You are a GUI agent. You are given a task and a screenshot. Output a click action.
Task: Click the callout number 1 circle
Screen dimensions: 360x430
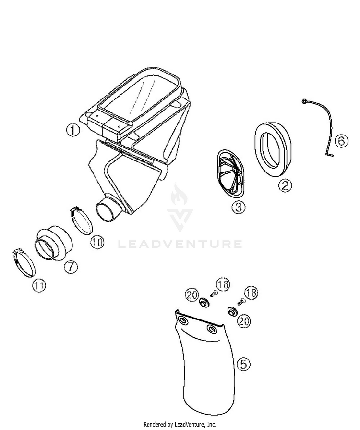[x=73, y=130]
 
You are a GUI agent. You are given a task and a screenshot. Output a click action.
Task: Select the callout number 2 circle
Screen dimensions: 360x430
[x=285, y=185]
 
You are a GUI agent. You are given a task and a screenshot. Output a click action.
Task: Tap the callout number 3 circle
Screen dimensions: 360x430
[x=239, y=207]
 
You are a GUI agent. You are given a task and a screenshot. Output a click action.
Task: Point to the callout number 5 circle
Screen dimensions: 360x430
[x=243, y=365]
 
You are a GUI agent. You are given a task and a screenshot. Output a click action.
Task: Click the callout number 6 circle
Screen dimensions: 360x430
[x=341, y=141]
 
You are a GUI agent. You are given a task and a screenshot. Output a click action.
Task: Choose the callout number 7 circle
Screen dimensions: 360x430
[x=71, y=266]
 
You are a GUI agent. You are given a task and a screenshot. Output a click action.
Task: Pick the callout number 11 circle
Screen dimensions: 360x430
[x=39, y=285]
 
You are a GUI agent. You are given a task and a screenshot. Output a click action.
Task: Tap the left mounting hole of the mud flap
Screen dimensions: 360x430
[x=181, y=319]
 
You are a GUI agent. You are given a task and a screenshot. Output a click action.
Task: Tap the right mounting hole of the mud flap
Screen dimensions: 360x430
[x=212, y=329]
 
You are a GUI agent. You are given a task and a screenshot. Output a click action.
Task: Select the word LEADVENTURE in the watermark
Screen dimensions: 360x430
[x=180, y=244]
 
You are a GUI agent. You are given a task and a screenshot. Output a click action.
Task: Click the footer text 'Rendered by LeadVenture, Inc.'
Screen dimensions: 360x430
[x=180, y=425]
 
